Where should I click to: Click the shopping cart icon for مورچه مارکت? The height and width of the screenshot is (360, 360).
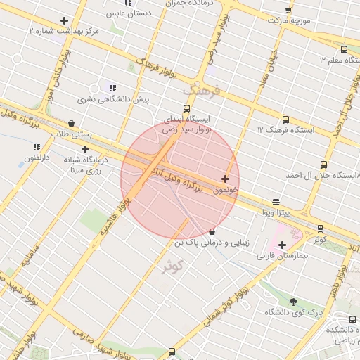tap(288, 11)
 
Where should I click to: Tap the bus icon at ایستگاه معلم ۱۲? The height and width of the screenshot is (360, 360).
tap(344, 49)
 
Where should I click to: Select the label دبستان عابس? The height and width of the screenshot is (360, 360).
tap(127, 13)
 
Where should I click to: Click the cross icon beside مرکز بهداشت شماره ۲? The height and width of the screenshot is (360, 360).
tap(64, 21)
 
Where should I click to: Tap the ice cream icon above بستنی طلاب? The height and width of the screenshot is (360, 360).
tap(71, 123)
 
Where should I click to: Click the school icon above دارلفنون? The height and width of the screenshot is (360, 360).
tap(37, 147)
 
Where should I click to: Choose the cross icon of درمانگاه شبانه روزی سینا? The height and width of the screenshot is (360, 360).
tap(85, 149)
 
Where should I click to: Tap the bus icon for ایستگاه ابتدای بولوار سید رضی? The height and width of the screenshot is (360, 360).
tap(186, 108)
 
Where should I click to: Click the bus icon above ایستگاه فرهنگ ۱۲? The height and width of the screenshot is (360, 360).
tap(285, 120)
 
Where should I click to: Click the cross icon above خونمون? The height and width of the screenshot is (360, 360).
tap(225, 179)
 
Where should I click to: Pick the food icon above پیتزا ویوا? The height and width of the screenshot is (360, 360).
tap(275, 202)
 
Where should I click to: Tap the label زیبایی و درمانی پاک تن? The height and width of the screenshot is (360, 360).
tap(212, 242)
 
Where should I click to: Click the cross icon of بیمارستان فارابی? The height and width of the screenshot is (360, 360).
tap(282, 245)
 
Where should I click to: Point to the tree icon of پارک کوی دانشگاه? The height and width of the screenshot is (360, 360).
tap(293, 302)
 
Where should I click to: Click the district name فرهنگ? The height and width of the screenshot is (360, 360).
tap(202, 90)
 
